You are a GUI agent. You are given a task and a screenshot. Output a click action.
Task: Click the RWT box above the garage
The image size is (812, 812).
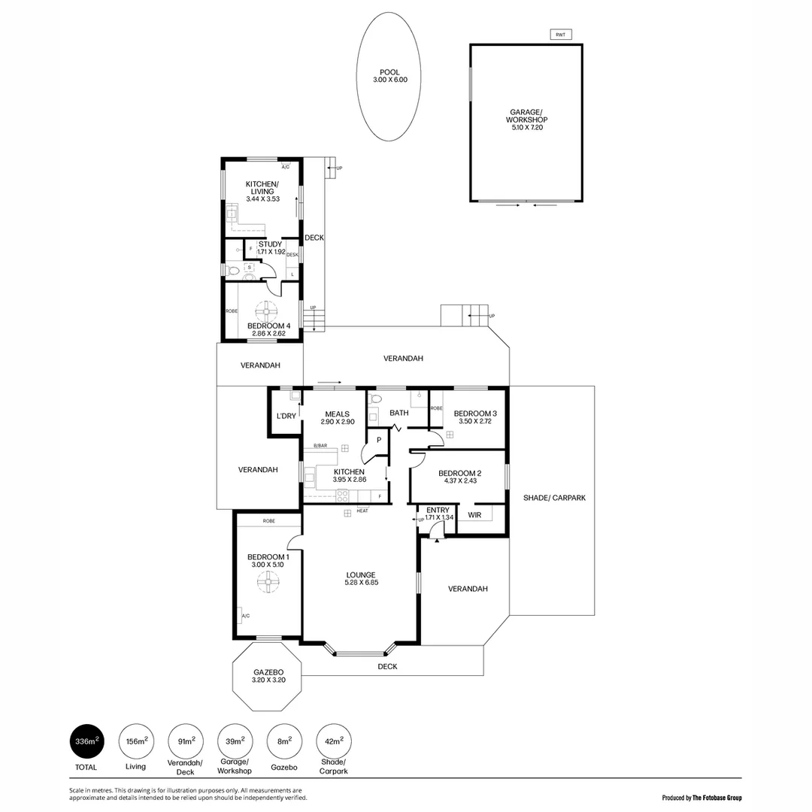560,35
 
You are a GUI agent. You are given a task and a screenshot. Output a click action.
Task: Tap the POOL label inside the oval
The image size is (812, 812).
389,72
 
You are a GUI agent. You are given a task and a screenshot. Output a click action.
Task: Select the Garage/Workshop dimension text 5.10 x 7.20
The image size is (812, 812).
526,128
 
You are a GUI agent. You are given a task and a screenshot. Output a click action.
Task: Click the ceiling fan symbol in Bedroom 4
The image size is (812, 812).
265,311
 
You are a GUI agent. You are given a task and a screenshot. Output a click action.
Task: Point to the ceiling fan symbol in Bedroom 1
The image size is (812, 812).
265,581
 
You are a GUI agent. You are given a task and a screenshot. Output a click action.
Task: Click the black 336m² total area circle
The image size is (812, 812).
86,741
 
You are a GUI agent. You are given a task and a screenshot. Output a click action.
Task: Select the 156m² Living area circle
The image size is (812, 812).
136,741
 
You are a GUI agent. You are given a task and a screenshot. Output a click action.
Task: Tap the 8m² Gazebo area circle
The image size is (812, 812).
284,741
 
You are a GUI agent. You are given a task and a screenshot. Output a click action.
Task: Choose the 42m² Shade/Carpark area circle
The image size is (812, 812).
334,741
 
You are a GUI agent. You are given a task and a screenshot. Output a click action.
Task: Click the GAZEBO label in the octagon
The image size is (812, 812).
268,671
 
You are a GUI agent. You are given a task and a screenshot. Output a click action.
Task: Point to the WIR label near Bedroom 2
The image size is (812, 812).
474,515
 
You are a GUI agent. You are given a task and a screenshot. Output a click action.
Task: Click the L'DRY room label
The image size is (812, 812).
286,416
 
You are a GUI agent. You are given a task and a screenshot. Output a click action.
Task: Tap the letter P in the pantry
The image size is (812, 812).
379,440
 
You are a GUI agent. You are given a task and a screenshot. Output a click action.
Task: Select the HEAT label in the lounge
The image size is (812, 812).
362,511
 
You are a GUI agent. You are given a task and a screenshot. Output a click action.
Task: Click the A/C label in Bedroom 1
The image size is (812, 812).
245,617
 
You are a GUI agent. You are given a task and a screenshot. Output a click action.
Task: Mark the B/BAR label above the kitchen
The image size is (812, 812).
320,446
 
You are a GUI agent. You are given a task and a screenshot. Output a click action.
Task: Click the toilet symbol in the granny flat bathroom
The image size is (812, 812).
233,271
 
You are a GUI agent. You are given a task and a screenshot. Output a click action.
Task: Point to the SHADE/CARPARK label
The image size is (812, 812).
554,498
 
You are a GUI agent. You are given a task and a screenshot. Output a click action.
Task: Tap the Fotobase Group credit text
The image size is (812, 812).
702,798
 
